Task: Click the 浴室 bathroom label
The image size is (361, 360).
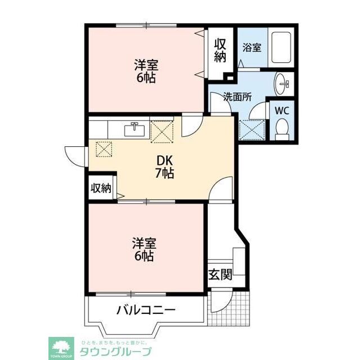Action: pyautogui.click(x=252, y=47)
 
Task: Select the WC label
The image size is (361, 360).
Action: pyautogui.click(x=281, y=111)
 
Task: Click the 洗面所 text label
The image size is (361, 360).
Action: pyautogui.click(x=237, y=96)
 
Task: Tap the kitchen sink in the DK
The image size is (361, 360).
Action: pyautogui.click(x=134, y=129)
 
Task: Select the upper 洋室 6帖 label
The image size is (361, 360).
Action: pyautogui.click(x=145, y=71)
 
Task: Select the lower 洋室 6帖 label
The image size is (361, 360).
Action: pyautogui.click(x=144, y=249)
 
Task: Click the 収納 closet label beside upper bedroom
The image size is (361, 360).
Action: pyautogui.click(x=220, y=50)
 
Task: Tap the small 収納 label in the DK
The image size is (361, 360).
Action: pyautogui.click(x=101, y=188)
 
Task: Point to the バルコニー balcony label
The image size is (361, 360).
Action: pyautogui.click(x=146, y=310)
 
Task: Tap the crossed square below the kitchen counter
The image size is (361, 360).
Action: pyautogui.click(x=105, y=148)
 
